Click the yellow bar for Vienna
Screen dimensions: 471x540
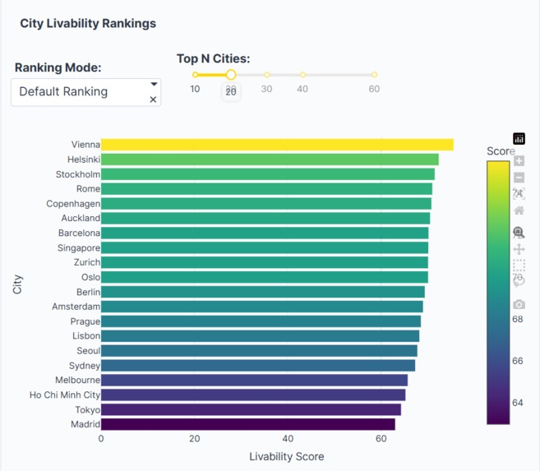click(x=277, y=145)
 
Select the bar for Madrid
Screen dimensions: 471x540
click(x=247, y=425)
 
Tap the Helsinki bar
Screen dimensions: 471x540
click(x=270, y=159)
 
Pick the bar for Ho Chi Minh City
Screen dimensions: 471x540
click(x=252, y=395)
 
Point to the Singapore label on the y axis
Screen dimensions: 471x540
click(x=79, y=248)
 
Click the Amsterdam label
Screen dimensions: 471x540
click(x=76, y=307)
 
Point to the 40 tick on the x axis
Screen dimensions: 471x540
click(x=288, y=439)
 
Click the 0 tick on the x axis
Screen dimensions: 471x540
click(x=101, y=439)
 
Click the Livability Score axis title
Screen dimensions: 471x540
click(x=286, y=456)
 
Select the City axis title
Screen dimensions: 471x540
click(x=17, y=284)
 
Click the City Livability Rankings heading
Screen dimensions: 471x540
click(x=88, y=24)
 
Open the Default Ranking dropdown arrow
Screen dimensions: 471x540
click(x=154, y=84)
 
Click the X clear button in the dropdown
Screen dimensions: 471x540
click(x=153, y=99)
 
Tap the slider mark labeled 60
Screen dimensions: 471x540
click(x=374, y=75)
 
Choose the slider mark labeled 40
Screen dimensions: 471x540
click(x=302, y=75)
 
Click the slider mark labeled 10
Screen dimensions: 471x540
click(x=195, y=75)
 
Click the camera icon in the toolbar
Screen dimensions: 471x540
click(x=519, y=304)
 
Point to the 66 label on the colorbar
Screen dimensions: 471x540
click(x=517, y=361)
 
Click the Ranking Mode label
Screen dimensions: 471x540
click(x=58, y=67)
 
